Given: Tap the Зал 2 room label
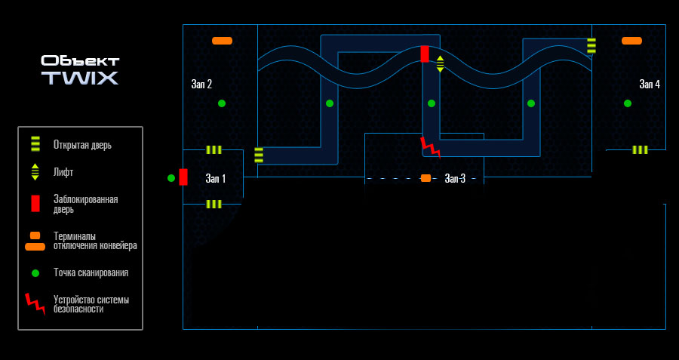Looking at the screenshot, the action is pyautogui.click(x=201, y=84).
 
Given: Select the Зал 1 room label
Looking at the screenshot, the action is pyautogui.click(x=216, y=178).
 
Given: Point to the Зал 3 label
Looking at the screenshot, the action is pyautogui.click(x=455, y=178).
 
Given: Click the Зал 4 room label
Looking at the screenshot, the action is pyautogui.click(x=650, y=84).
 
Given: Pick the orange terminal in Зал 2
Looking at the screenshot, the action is pyautogui.click(x=222, y=41).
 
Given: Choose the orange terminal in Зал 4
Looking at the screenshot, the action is pyautogui.click(x=631, y=41).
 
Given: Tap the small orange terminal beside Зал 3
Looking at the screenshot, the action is pyautogui.click(x=426, y=178).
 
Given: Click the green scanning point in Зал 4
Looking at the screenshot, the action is pyautogui.click(x=628, y=103).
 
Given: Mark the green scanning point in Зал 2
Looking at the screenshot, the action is pyautogui.click(x=222, y=103).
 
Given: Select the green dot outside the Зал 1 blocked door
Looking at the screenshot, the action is pyautogui.click(x=171, y=178).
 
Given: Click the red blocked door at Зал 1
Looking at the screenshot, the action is pyautogui.click(x=183, y=177).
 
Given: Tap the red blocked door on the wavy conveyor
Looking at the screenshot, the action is pyautogui.click(x=425, y=54).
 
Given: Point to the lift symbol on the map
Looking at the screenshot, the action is pyautogui.click(x=440, y=64).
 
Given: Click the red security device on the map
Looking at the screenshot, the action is pyautogui.click(x=431, y=148).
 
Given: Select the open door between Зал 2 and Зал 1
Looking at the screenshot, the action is pyautogui.click(x=214, y=150).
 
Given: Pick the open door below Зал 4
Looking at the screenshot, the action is pyautogui.click(x=640, y=150).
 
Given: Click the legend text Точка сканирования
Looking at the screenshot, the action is pyautogui.click(x=91, y=273).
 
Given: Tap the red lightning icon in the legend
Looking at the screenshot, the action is pyautogui.click(x=35, y=303).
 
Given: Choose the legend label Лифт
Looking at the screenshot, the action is pyautogui.click(x=63, y=172).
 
